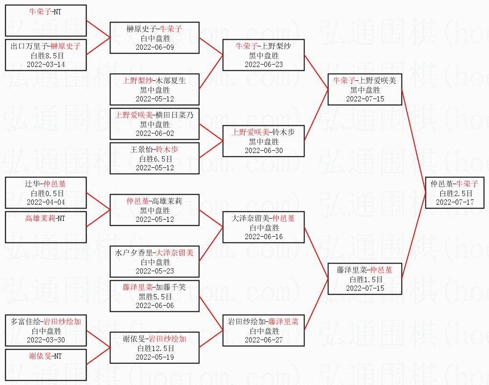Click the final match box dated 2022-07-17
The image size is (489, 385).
point(454,193)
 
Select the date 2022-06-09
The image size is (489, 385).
point(155,47)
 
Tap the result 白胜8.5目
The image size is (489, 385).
point(46,55)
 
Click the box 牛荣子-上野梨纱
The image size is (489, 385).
point(263,55)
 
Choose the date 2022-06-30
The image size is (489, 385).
point(263,150)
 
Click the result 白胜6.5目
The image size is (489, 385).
point(155,159)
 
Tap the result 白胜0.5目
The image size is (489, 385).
point(46,193)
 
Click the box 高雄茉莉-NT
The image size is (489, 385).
point(46,227)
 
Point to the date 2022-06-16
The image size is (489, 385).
point(263,237)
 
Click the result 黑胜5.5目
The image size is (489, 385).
point(155,297)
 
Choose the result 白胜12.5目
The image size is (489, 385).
point(155,348)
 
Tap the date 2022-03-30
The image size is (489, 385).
point(46,340)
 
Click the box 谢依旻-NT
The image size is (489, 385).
point(46,365)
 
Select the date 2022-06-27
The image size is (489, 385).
point(263,340)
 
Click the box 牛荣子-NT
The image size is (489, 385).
point(46,21)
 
